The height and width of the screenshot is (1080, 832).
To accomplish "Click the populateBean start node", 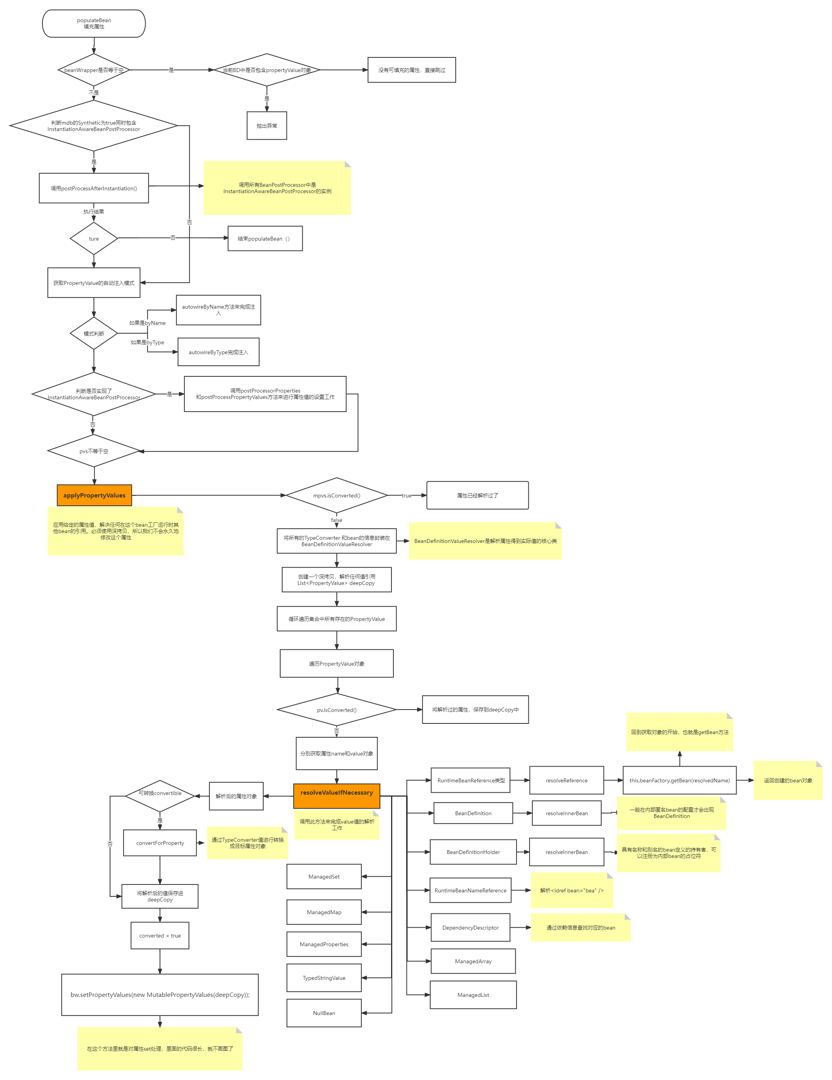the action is (x=94, y=24).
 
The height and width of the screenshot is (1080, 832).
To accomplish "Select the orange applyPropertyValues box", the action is (x=95, y=495).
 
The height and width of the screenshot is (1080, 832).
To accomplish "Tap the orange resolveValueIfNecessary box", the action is (x=337, y=793).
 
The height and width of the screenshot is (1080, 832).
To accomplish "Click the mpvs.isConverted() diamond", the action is (x=337, y=495).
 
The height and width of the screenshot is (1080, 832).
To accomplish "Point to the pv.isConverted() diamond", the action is (x=337, y=710).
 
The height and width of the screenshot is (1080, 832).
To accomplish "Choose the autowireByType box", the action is (x=218, y=352).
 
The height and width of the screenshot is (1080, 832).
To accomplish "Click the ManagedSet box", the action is (x=324, y=877).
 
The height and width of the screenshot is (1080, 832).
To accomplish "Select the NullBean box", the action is (x=324, y=1013).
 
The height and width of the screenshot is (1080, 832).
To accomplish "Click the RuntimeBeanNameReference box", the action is (x=470, y=890).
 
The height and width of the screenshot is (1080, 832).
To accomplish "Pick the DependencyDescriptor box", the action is (x=470, y=928).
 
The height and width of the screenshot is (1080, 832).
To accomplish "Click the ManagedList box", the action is (x=473, y=995).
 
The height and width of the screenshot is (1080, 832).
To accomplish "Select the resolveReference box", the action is (x=567, y=780).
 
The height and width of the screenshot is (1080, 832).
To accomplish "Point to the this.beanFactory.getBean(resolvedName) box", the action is (x=680, y=780).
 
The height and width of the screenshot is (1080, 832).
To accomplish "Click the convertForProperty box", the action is (x=160, y=843).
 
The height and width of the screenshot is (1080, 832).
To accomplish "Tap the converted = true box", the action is (x=160, y=936).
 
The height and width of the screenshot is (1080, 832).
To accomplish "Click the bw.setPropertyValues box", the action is (x=160, y=995).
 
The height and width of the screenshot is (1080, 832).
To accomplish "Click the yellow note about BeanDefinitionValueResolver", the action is (x=485, y=541).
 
